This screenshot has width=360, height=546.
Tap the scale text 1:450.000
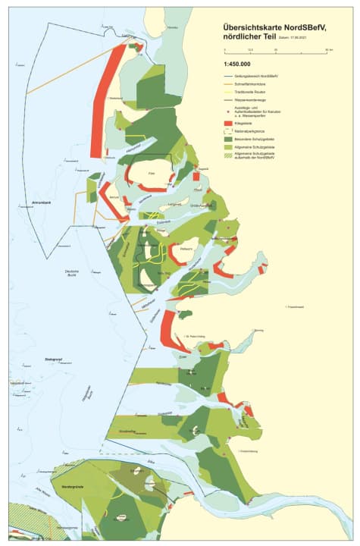(236, 65)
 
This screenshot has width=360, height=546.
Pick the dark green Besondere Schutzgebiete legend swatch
(230, 138)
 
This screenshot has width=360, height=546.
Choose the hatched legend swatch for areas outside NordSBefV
(230, 155)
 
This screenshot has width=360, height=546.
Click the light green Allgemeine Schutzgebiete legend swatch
(230, 146)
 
